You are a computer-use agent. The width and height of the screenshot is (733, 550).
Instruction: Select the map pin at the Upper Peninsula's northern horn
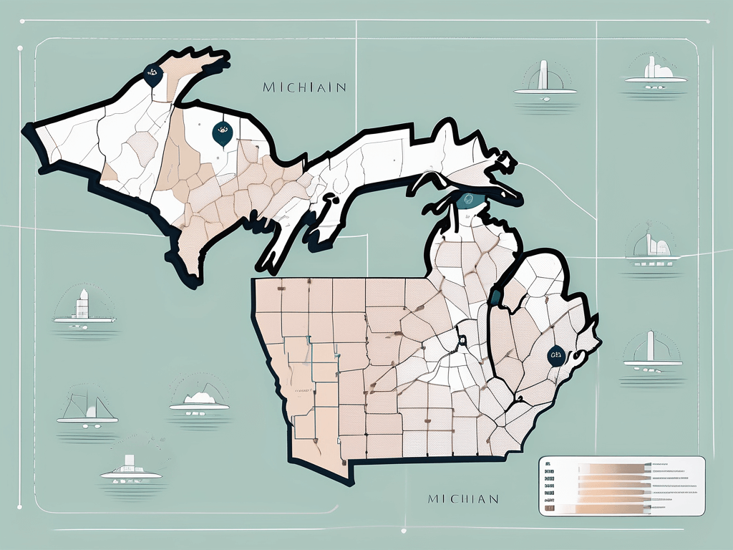click(152, 74)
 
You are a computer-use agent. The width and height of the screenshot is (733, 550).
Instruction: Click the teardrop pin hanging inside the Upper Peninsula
click(222, 132)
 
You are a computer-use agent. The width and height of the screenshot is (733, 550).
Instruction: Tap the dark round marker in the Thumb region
click(555, 355)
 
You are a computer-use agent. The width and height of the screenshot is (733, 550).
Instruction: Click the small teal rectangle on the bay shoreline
click(494, 296)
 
